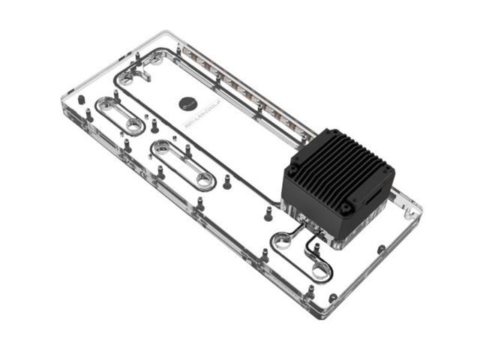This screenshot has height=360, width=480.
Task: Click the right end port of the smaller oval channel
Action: pos(133,125)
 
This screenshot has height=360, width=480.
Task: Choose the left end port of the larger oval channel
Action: pos(160,148)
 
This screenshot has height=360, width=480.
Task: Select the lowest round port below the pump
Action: pos(320,269)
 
